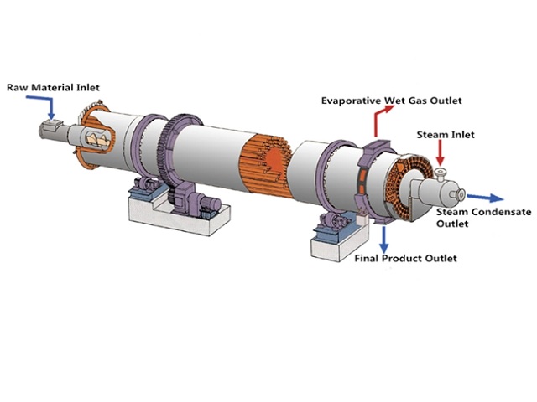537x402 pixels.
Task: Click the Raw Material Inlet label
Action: pos(49,86)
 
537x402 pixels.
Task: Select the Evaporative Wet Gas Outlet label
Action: pos(391,101)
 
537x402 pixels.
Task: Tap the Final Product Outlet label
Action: pos(407,258)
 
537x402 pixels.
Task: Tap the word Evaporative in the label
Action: pos(352,101)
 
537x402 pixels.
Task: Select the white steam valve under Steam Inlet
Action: pos(440,174)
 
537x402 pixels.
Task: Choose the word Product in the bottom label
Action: pos(408,258)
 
